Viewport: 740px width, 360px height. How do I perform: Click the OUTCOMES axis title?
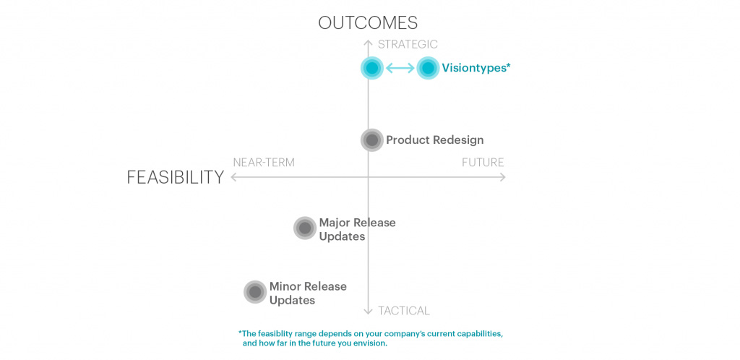(368, 22)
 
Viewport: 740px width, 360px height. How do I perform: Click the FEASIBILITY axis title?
(175, 177)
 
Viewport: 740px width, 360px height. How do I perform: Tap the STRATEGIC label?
(408, 44)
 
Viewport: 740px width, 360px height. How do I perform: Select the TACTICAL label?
(403, 310)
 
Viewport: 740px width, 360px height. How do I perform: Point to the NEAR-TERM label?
(264, 163)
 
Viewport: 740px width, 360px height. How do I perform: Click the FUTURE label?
(483, 163)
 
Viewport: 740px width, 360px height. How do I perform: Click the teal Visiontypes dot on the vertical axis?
(372, 69)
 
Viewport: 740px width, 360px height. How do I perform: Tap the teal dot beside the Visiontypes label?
(428, 69)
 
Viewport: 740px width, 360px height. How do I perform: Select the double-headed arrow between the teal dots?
(400, 69)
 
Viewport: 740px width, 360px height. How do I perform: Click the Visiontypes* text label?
(476, 68)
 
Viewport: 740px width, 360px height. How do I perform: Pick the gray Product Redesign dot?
(372, 140)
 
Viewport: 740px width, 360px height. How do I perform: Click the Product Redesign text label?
(434, 140)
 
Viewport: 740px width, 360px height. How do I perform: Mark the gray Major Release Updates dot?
(305, 228)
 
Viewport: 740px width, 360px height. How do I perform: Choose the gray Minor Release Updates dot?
(255, 292)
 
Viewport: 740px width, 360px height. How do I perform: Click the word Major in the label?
(335, 222)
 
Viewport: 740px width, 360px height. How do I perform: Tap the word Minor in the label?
(285, 286)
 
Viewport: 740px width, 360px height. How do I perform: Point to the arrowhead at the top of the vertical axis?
(368, 43)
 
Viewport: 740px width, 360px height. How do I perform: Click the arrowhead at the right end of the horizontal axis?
(503, 177)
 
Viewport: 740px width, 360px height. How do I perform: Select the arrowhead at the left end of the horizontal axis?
(233, 177)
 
